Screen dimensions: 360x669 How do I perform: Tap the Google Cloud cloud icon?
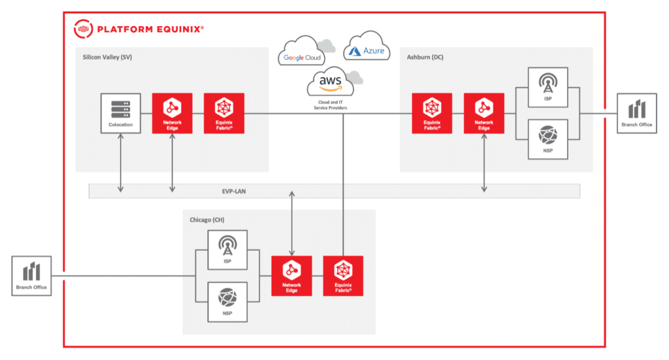point(304,53)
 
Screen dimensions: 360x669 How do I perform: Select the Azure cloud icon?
point(367,48)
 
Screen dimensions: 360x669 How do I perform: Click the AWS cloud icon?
point(331,82)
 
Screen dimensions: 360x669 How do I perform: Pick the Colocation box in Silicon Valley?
point(121,114)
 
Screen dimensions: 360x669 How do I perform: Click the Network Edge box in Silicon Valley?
point(172,114)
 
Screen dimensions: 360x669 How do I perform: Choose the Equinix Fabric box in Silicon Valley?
point(224,114)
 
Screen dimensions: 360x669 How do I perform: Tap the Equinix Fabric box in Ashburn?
point(432,114)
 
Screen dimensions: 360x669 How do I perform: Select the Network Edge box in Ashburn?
point(483,114)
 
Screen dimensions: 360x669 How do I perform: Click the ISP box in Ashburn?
point(547,88)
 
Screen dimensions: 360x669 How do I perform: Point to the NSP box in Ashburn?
point(547,140)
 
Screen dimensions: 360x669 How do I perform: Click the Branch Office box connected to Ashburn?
point(637,114)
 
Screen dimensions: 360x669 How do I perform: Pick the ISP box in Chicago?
point(227,251)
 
